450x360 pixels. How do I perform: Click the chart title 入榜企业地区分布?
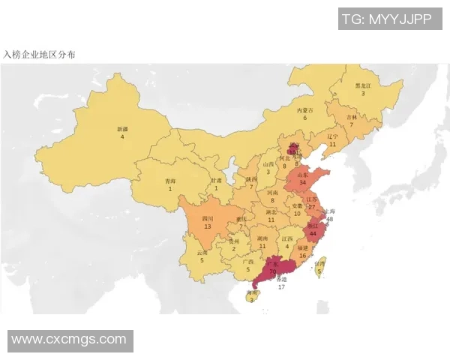pos(38,55)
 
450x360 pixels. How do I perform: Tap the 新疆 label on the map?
pos(121,129)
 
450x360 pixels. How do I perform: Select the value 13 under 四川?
pos(207,226)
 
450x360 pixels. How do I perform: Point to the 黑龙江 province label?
pos(363,85)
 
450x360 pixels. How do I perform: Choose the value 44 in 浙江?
pos(313,233)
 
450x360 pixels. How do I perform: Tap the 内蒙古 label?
pos(304,109)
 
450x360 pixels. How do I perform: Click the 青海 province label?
pos(170,181)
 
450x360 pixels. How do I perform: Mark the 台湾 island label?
pos(319,264)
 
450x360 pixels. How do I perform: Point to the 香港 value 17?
pos(281,286)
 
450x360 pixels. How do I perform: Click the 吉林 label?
pos(351,117)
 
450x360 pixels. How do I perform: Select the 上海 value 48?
pos(329,220)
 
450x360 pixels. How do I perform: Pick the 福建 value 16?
pos(302,255)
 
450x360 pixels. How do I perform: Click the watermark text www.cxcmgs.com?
pos(69,340)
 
